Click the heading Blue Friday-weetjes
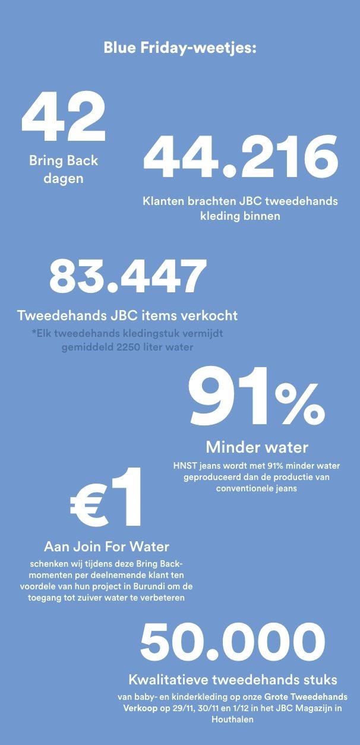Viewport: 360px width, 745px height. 179,48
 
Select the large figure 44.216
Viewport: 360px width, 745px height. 241,158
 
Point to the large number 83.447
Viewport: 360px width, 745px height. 128,276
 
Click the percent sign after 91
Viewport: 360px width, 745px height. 301,404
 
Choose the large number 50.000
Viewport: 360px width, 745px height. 232,643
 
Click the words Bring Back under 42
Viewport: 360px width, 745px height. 64,160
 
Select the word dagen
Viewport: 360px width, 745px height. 64,178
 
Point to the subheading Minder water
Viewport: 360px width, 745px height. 257,446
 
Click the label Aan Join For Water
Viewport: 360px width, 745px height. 106,546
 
